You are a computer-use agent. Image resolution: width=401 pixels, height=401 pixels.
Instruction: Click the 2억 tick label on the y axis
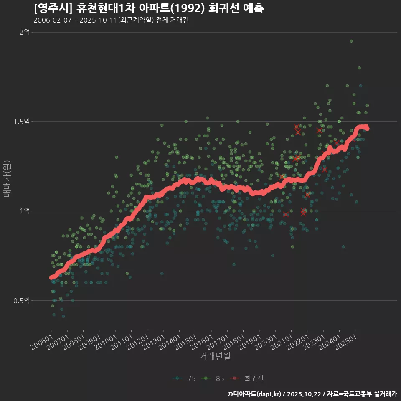pyautogui.click(x=24, y=32)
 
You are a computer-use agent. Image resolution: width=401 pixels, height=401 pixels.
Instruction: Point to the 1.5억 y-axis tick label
pyautogui.click(x=22, y=122)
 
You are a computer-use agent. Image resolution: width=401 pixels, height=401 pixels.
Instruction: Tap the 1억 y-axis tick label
pyautogui.click(x=24, y=211)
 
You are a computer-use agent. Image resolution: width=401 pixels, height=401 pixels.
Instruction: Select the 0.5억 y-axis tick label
pyautogui.click(x=22, y=300)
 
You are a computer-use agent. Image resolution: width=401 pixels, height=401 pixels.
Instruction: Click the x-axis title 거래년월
pyautogui.click(x=215, y=356)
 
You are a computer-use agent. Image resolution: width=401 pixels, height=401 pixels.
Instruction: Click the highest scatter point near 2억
pyautogui.click(x=351, y=41)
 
